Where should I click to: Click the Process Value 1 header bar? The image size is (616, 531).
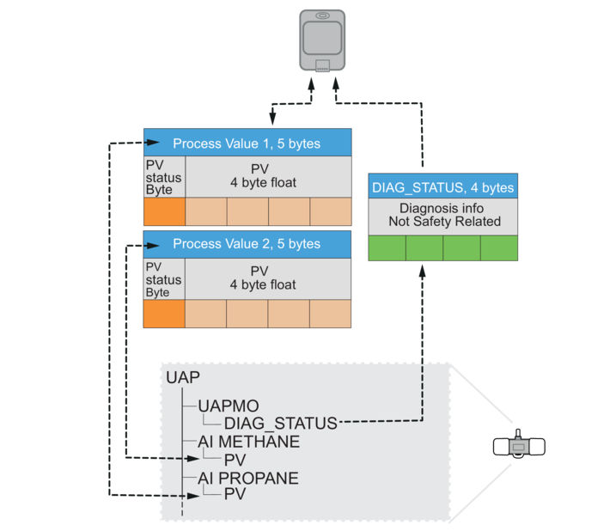pos(247,143)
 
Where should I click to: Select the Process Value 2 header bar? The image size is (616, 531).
pos(247,244)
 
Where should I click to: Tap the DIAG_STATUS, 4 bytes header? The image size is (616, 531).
pos(442,187)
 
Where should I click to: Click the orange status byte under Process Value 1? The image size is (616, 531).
pos(164,212)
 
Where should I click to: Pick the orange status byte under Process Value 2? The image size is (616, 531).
pos(164,313)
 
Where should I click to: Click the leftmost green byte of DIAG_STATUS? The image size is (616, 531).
pos(387,247)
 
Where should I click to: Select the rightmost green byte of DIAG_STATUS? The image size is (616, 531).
pos(499,247)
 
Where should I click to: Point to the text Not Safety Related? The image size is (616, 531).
pos(442,221)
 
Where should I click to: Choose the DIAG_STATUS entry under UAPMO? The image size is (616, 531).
pos(280,423)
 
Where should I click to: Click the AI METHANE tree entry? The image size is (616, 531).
pos(248,442)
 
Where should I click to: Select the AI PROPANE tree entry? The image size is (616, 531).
pos(248,478)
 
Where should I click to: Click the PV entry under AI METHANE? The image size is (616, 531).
pos(235,460)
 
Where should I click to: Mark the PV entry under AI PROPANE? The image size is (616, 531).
pos(235,495)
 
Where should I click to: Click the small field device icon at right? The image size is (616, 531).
pos(520,447)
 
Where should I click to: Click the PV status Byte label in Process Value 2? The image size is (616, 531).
pos(163,279)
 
